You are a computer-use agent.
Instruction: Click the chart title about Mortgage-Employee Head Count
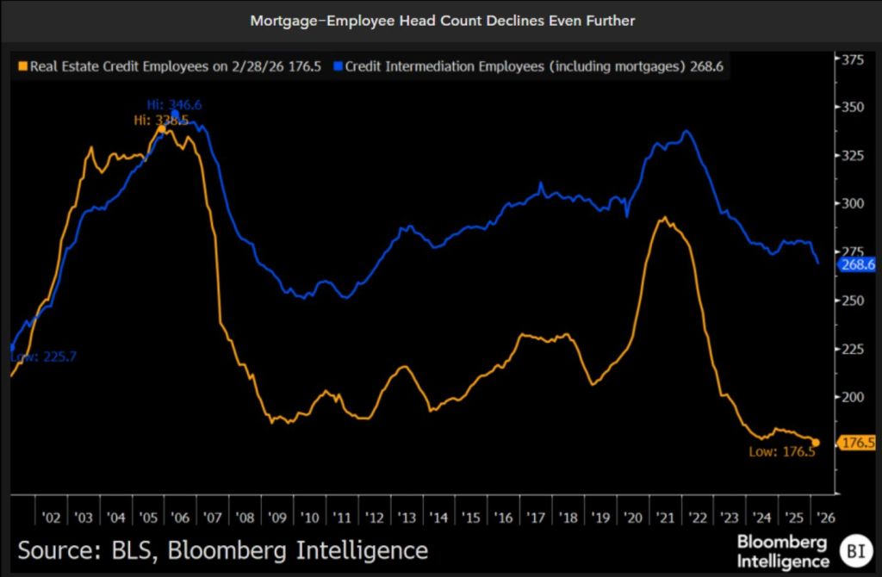point(442,20)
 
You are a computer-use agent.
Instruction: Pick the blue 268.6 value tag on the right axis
point(856,264)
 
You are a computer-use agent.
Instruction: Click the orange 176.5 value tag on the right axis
point(856,443)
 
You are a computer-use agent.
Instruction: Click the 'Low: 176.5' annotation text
point(781,451)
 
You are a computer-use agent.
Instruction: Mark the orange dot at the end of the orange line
point(816,443)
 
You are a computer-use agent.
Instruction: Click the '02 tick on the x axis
point(51,518)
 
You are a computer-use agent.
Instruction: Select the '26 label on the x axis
point(824,518)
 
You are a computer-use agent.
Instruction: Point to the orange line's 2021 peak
point(662,219)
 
